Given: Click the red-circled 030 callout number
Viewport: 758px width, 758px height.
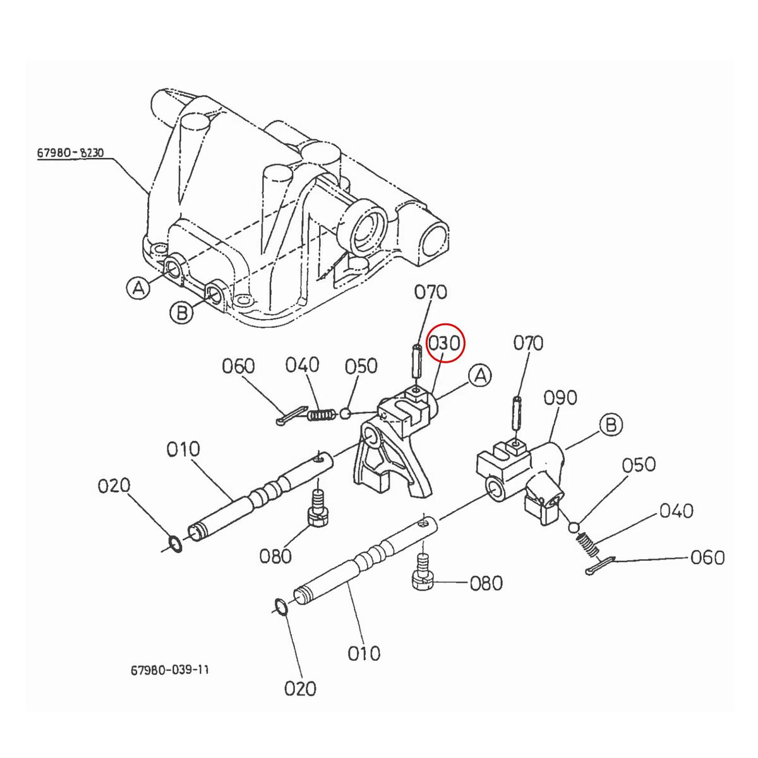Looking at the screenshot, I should click(x=446, y=344).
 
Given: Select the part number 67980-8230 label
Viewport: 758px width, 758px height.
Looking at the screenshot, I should click(x=69, y=153).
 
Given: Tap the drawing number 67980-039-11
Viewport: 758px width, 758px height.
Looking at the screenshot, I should click(x=169, y=669).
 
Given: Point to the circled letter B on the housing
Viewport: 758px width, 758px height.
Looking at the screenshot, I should click(x=181, y=313).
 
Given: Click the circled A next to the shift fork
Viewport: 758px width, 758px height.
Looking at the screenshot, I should click(x=480, y=376).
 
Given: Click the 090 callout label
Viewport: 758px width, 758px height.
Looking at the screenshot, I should click(x=560, y=398).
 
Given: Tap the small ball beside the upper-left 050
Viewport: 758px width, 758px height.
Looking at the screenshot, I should click(x=345, y=414).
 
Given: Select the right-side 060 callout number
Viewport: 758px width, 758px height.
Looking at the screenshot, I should click(x=707, y=558).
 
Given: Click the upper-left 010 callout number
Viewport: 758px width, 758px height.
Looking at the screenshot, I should click(x=183, y=450).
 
